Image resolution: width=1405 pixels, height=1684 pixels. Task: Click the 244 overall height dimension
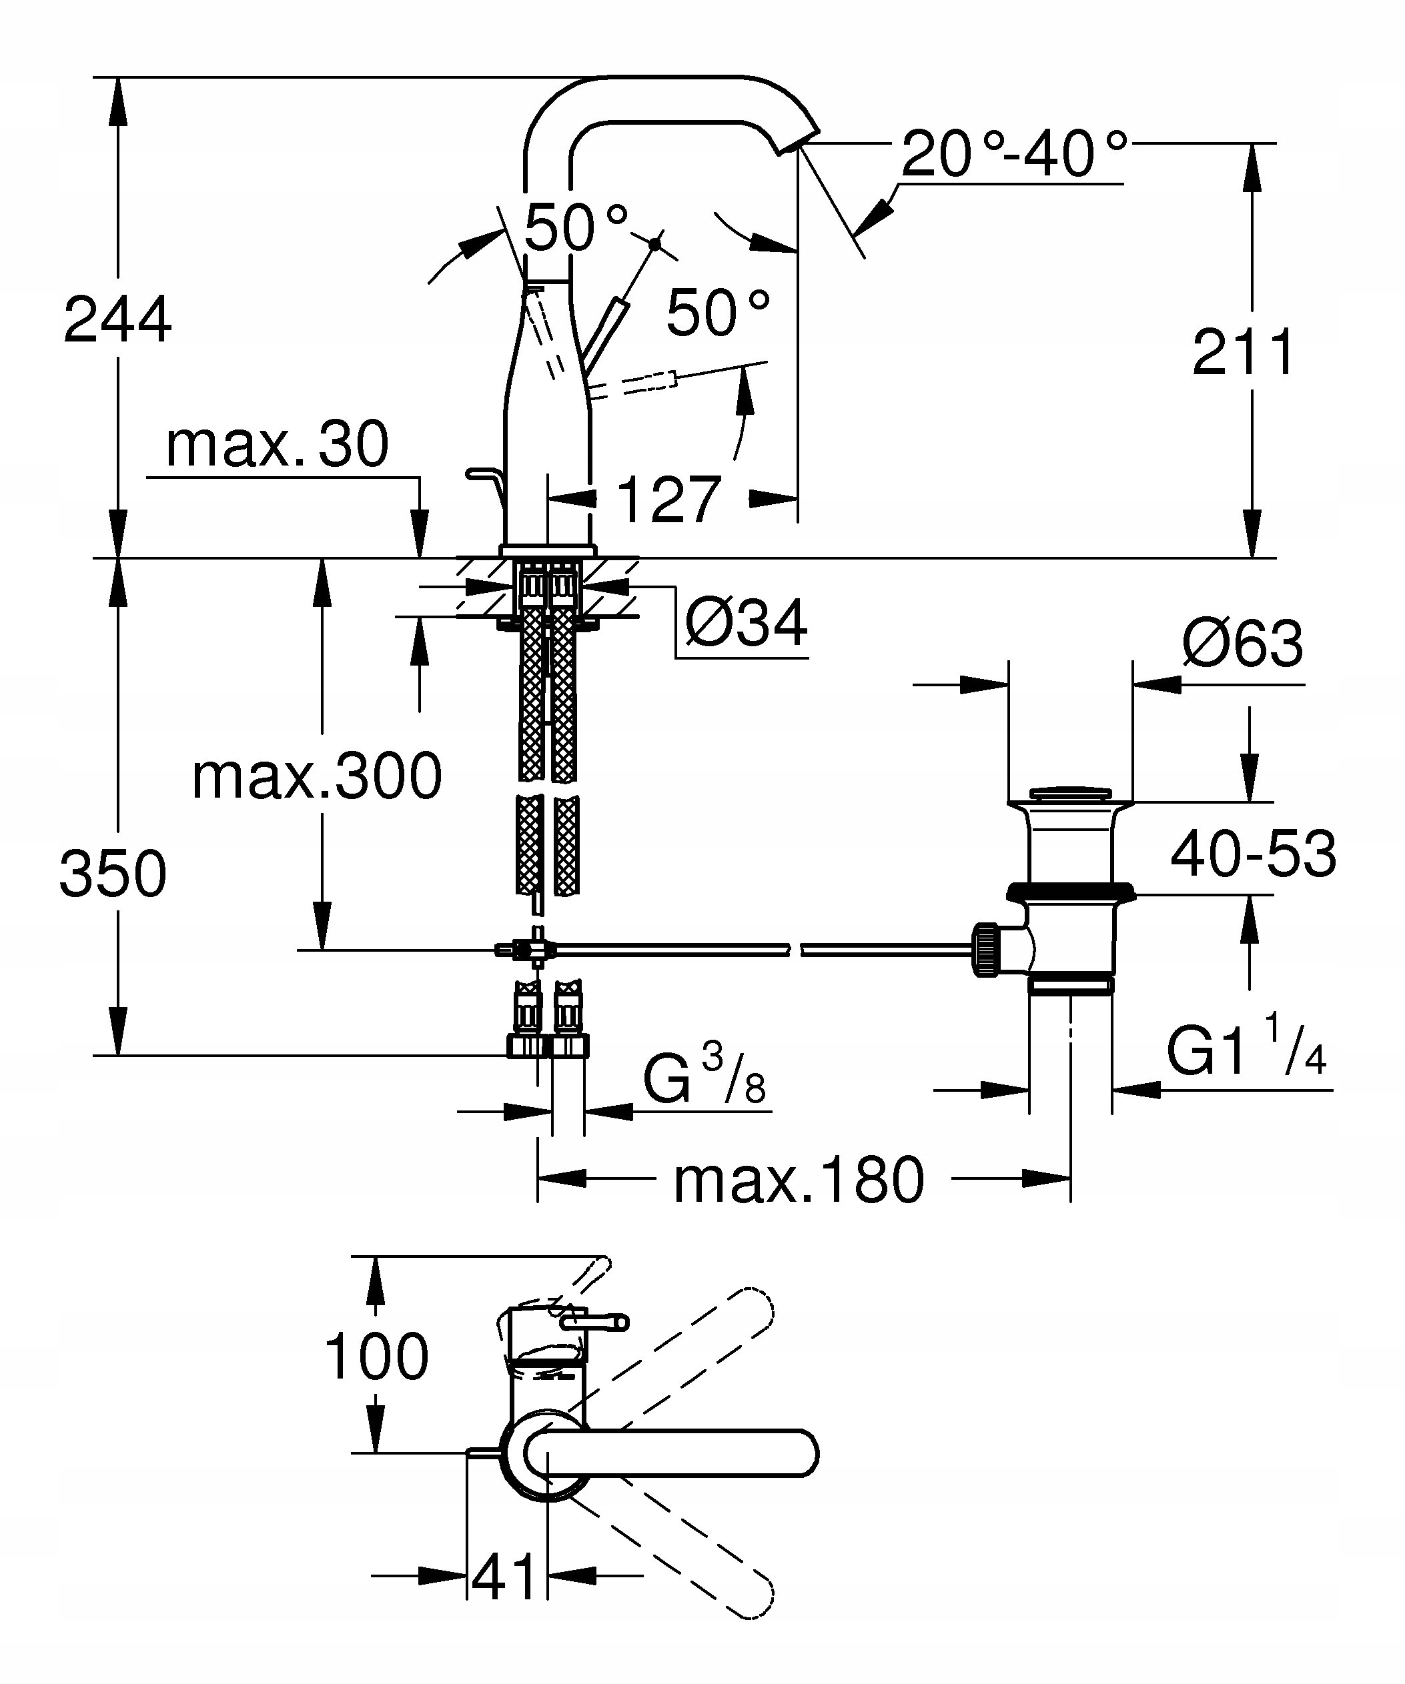117,319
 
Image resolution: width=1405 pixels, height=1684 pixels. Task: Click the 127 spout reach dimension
669,499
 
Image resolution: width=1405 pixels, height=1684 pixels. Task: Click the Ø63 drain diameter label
1243,643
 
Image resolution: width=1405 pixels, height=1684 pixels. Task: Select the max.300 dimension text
317,776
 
